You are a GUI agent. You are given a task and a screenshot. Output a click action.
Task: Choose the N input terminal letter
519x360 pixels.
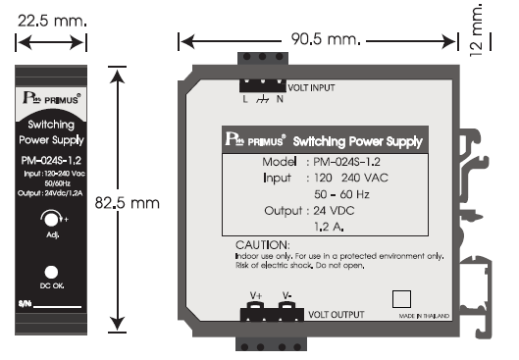(x=281, y=97)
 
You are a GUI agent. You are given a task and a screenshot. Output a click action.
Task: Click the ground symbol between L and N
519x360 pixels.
(x=262, y=97)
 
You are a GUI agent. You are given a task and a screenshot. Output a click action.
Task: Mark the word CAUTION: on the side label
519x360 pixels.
(x=263, y=243)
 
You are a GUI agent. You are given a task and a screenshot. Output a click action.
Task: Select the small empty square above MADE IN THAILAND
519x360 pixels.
(x=401, y=298)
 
